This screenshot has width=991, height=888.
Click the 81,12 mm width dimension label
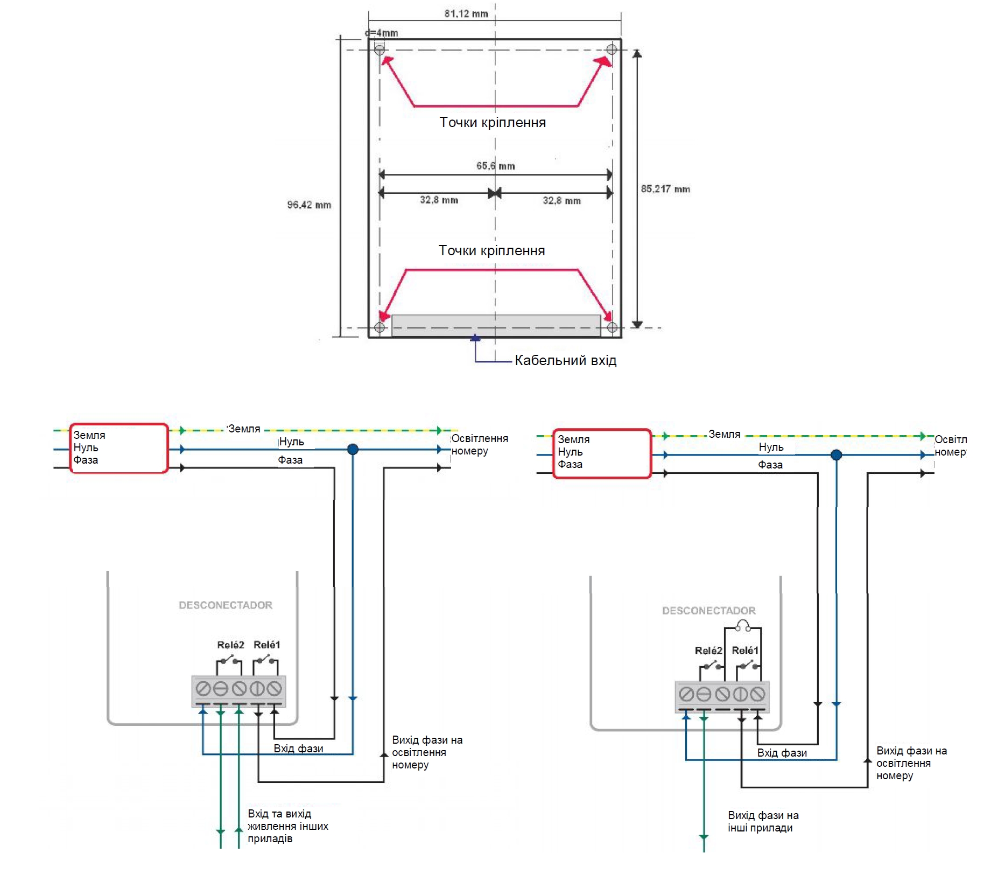tap(466, 13)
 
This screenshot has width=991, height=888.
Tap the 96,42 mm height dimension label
tap(309, 205)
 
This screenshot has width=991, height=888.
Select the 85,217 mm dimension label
tap(665, 189)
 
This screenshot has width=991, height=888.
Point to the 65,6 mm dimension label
tap(495, 166)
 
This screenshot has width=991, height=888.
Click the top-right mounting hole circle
tap(612, 50)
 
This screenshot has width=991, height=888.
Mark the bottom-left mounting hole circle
tap(379, 327)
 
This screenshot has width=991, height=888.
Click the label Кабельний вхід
tap(565, 360)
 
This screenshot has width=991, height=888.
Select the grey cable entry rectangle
tap(496, 326)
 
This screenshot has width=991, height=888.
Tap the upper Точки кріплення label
tap(493, 123)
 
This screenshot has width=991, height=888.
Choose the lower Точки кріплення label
tap(491, 250)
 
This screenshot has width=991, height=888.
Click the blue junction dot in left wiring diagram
tap(353, 449)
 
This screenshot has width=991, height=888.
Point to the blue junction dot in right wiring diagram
tap(836, 455)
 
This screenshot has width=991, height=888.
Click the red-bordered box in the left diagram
tap(119, 448)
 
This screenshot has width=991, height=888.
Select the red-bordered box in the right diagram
tap(602, 453)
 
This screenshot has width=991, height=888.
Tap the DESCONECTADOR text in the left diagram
tap(226, 605)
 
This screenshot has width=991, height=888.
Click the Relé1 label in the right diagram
tap(745, 651)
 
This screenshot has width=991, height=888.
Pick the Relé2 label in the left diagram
tap(230, 645)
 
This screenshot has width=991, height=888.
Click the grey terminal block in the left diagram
tap(238, 691)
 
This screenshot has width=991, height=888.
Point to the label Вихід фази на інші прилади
tap(763, 822)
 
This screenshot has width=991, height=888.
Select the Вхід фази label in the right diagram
tap(782, 753)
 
